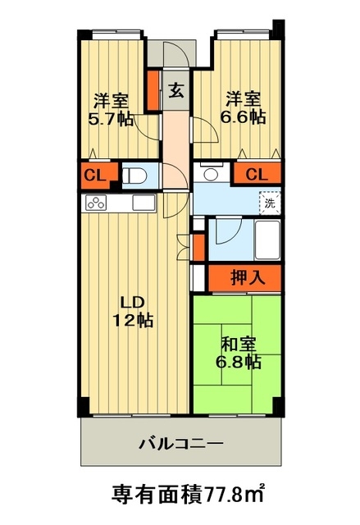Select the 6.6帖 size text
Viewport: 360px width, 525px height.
(244, 117)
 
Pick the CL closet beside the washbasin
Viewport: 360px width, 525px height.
(256, 174)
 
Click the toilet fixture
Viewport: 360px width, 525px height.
(134, 175)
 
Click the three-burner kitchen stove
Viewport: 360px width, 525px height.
(95, 203)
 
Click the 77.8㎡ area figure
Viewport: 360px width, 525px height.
(228, 495)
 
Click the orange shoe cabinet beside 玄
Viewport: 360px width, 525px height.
(153, 90)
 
